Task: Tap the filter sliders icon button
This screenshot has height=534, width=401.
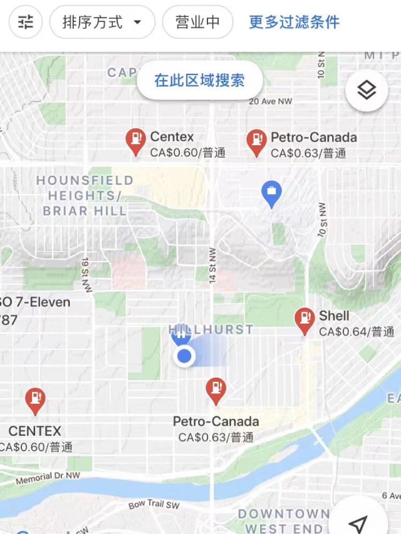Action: click(26, 23)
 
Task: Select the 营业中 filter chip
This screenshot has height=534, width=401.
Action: click(197, 23)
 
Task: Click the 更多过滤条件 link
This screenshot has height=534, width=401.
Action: click(294, 23)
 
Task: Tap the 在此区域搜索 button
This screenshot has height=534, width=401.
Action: click(199, 80)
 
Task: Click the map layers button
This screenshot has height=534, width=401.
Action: click(367, 91)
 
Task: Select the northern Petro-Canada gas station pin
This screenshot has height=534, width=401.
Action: click(256, 141)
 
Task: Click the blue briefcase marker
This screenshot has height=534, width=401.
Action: click(271, 194)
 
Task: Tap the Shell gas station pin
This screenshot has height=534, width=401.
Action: click(305, 320)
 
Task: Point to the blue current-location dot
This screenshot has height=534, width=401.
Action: click(184, 357)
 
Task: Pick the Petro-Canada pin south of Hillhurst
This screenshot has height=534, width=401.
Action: click(216, 390)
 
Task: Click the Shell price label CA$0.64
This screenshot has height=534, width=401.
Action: click(357, 332)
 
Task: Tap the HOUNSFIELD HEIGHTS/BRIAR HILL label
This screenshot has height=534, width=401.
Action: click(85, 195)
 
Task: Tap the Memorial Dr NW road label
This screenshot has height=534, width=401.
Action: click(48, 478)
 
